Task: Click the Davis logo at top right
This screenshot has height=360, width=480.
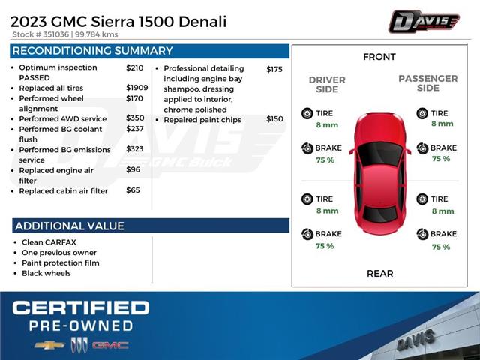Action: [423, 21]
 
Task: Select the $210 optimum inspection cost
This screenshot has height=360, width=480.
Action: [134, 67]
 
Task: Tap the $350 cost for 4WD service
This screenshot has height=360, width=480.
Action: [135, 118]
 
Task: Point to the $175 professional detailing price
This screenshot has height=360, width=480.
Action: [274, 69]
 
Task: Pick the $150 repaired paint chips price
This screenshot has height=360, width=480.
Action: [274, 119]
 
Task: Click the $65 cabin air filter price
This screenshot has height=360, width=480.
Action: [133, 190]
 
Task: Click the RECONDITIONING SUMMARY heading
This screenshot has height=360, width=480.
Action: [92, 51]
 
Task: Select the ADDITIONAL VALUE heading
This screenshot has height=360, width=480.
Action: [70, 226]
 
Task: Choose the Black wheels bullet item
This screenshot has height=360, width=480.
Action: [46, 273]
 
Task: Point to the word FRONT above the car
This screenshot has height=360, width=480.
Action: [379, 57]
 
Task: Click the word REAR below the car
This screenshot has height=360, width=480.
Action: [379, 273]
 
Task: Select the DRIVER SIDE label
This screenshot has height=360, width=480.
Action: [327, 85]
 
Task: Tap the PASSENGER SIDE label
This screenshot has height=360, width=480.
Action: [427, 82]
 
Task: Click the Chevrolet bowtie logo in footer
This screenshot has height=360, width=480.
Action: [49, 345]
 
